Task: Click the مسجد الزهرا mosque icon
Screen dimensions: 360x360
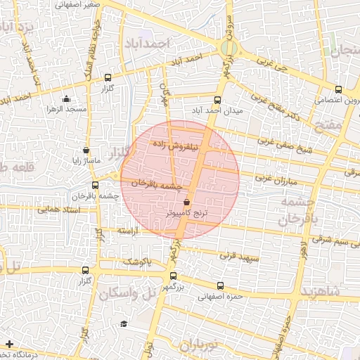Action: tap(66, 99)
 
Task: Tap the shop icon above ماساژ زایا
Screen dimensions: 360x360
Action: tap(86, 150)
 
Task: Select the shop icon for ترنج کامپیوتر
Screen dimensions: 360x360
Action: tap(186, 202)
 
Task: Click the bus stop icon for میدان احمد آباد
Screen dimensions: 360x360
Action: tap(217, 99)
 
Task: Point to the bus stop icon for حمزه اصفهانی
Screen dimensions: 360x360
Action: tap(221, 285)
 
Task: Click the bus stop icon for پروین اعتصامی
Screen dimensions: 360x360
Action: tap(339, 89)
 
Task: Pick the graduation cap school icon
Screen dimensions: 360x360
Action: tap(124, 323)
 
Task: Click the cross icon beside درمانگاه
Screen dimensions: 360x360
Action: tap(8, 344)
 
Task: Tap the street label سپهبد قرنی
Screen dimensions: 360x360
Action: tap(239, 259)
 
